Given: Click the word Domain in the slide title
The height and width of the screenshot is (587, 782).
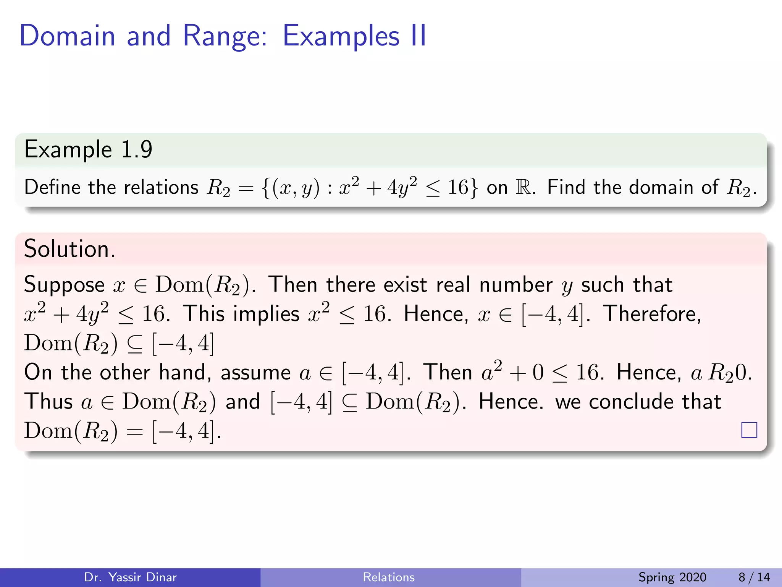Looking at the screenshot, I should click(x=67, y=36).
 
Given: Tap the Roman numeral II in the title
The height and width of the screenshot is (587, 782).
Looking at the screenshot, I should click(x=418, y=36).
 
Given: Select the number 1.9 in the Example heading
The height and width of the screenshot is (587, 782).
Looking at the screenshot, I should click(x=136, y=149).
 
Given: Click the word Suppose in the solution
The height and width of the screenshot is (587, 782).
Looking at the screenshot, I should click(x=64, y=285).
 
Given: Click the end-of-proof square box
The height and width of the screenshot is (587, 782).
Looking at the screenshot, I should click(x=749, y=430).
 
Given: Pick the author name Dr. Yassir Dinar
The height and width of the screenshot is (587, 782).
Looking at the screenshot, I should click(x=130, y=577).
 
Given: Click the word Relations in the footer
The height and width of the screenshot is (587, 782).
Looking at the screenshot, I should click(x=389, y=577).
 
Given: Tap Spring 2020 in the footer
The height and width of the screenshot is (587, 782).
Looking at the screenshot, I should click(x=672, y=577).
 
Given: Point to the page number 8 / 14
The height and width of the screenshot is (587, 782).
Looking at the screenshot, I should click(x=754, y=577).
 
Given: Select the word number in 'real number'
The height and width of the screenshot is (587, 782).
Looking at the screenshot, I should click(x=515, y=285).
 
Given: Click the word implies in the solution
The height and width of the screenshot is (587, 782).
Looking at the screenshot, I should click(x=266, y=314).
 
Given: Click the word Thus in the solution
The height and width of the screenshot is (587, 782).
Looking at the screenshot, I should click(x=48, y=402).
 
